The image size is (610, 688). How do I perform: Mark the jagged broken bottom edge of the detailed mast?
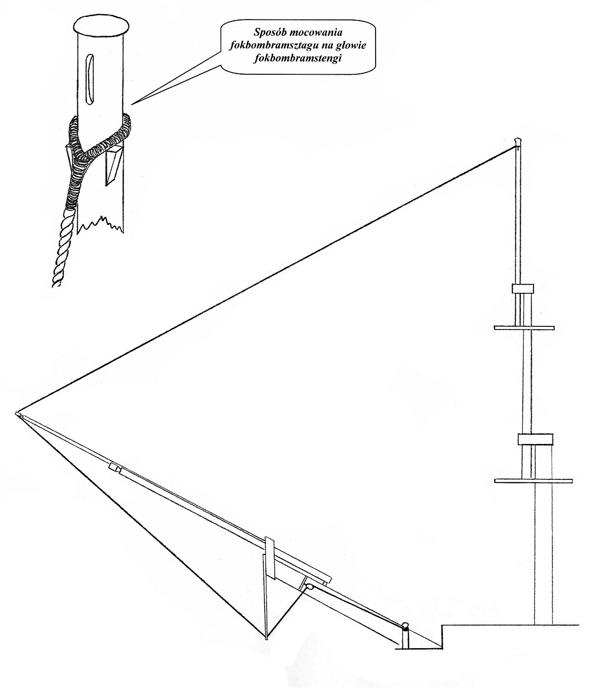(100, 225)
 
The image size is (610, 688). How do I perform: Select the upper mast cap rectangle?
(523, 288)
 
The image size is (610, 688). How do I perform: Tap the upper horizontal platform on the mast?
(524, 327)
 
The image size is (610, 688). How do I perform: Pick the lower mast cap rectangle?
(535, 439)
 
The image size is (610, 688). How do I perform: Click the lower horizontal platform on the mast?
(534, 480)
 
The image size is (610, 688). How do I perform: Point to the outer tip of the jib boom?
(17, 413)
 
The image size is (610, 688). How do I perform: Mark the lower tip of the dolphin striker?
(266, 638)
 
